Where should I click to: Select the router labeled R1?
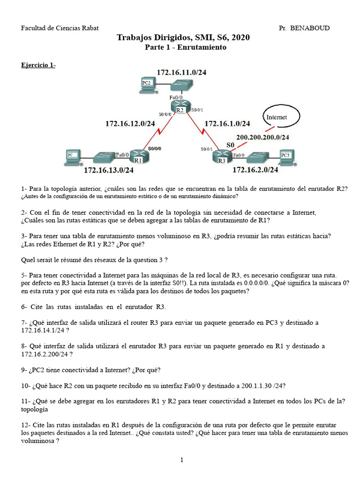point(138,157)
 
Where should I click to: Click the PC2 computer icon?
point(148,84)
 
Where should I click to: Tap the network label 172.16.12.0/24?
point(130,124)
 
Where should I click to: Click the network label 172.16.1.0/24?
point(227,124)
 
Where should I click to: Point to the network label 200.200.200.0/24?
point(262,137)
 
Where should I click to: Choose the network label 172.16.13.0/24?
point(108,171)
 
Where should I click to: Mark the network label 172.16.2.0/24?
point(255,170)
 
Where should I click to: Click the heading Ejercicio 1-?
point(38,65)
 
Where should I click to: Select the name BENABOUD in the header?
point(310,28)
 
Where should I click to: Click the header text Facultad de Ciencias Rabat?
point(60,28)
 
